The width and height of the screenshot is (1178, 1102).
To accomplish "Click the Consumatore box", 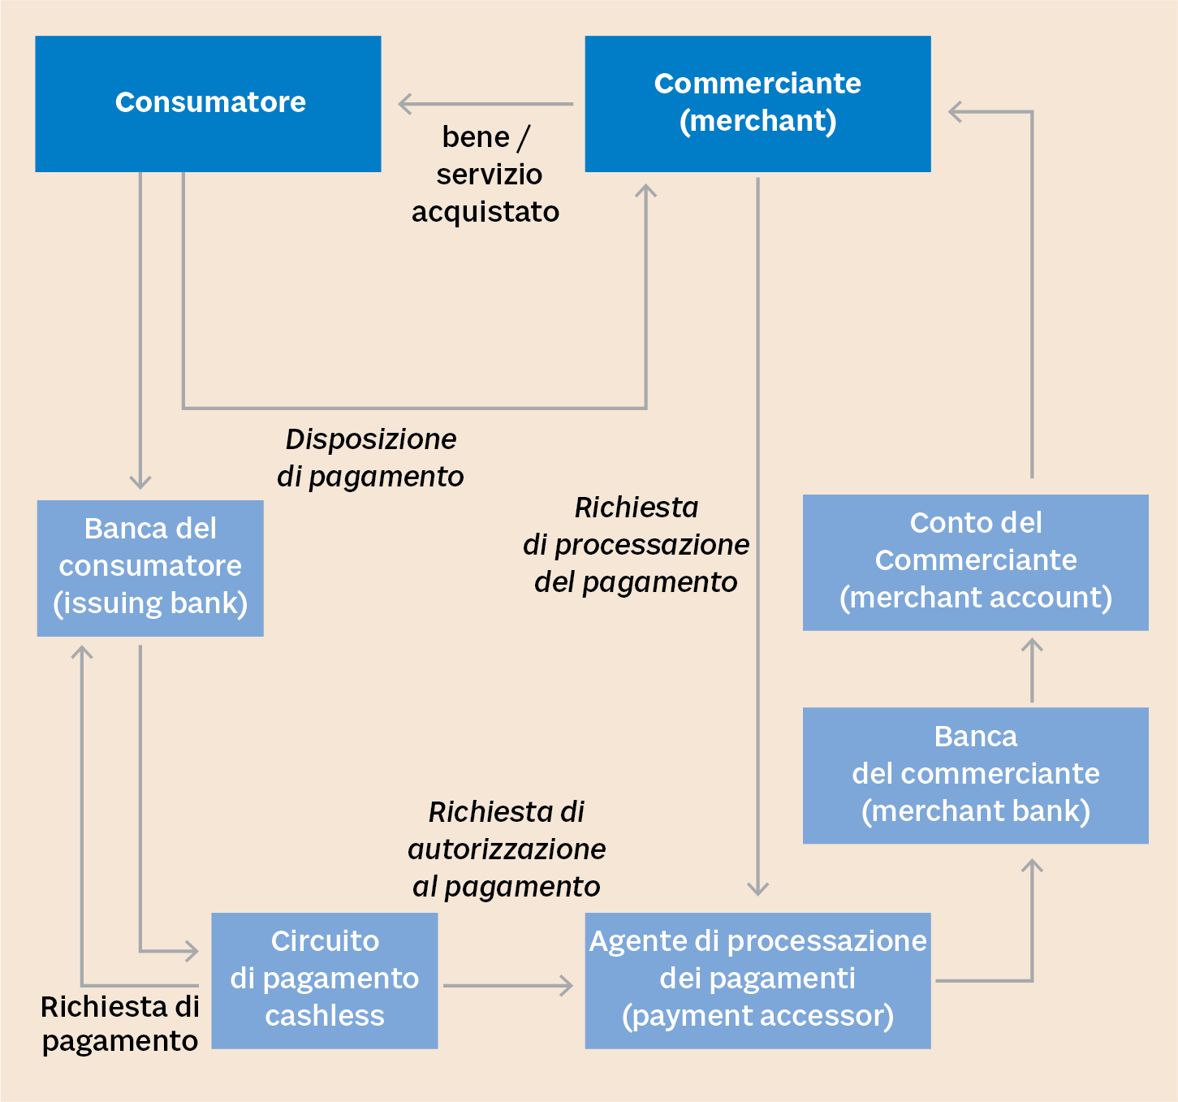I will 208,103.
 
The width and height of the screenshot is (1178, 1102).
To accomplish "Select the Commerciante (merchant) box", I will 757,103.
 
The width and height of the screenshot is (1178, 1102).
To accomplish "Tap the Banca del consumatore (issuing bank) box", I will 150,567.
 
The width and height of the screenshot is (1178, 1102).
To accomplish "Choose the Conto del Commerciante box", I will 975,561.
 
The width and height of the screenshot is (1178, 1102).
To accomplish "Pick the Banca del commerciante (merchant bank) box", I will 975,775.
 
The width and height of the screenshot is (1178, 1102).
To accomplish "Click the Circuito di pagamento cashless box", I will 324,979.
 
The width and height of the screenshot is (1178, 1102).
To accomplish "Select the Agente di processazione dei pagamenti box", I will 757,979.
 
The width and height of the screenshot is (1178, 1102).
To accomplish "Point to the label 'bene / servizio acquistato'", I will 485,175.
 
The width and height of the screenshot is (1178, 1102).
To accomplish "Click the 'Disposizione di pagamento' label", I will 370,457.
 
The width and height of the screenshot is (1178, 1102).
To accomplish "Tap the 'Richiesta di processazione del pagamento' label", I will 636,544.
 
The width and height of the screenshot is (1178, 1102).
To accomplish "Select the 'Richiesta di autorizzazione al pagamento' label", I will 507,849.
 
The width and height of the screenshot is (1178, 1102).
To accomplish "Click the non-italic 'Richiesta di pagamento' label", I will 120,1023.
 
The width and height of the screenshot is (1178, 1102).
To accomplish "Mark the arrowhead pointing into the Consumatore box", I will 403,104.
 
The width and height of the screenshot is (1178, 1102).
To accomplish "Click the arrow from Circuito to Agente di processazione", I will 507,986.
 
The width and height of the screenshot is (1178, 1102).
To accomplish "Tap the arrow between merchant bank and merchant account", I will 1032,670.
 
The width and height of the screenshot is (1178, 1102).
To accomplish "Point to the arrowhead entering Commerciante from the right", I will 954,112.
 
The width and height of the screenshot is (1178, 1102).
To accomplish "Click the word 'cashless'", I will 324,1016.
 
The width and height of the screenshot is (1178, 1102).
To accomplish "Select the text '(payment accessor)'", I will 757,1016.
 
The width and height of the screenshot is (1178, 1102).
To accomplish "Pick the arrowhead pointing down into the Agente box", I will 757,889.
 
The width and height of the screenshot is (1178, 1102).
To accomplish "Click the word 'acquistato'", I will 485,212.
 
